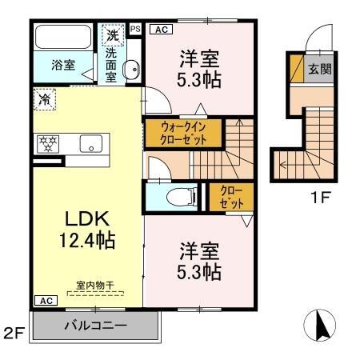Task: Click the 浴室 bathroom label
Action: (x=63, y=63)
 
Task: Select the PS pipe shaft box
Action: (x=135, y=30)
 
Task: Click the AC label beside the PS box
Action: (x=159, y=30)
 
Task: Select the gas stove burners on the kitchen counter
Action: (x=50, y=144)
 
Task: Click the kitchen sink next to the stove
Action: (x=90, y=145)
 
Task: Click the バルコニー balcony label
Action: (x=96, y=326)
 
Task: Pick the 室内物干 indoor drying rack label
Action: (x=94, y=284)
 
